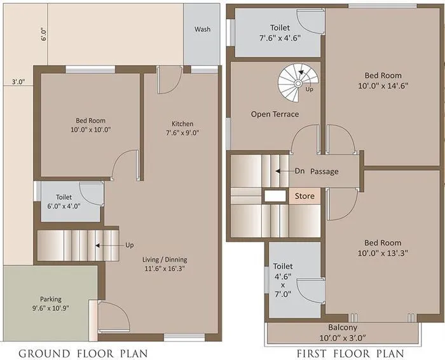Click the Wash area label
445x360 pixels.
(x=202, y=29)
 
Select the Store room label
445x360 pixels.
(x=303, y=197)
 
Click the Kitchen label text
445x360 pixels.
(x=182, y=123)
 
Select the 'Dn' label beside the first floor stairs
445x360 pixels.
(x=300, y=171)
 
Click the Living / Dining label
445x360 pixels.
(x=165, y=260)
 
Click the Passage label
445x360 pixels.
(x=325, y=172)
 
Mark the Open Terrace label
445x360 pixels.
(x=275, y=114)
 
